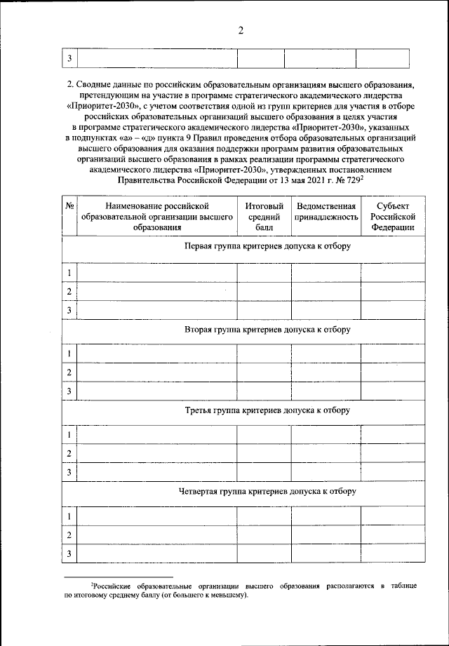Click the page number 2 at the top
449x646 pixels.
[x=240, y=30]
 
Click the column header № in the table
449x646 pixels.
[x=69, y=206]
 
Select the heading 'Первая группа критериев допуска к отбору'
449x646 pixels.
[x=266, y=247]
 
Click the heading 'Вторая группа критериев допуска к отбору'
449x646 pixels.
[x=266, y=329]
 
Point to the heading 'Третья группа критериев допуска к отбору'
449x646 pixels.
[x=266, y=410]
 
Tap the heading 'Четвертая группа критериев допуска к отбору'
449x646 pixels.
[x=266, y=491]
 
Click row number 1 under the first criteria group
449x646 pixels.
[x=69, y=273]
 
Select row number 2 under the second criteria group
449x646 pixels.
[x=69, y=372]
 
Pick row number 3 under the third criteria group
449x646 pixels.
[x=69, y=473]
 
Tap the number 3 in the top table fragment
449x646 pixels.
[x=69, y=58]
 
